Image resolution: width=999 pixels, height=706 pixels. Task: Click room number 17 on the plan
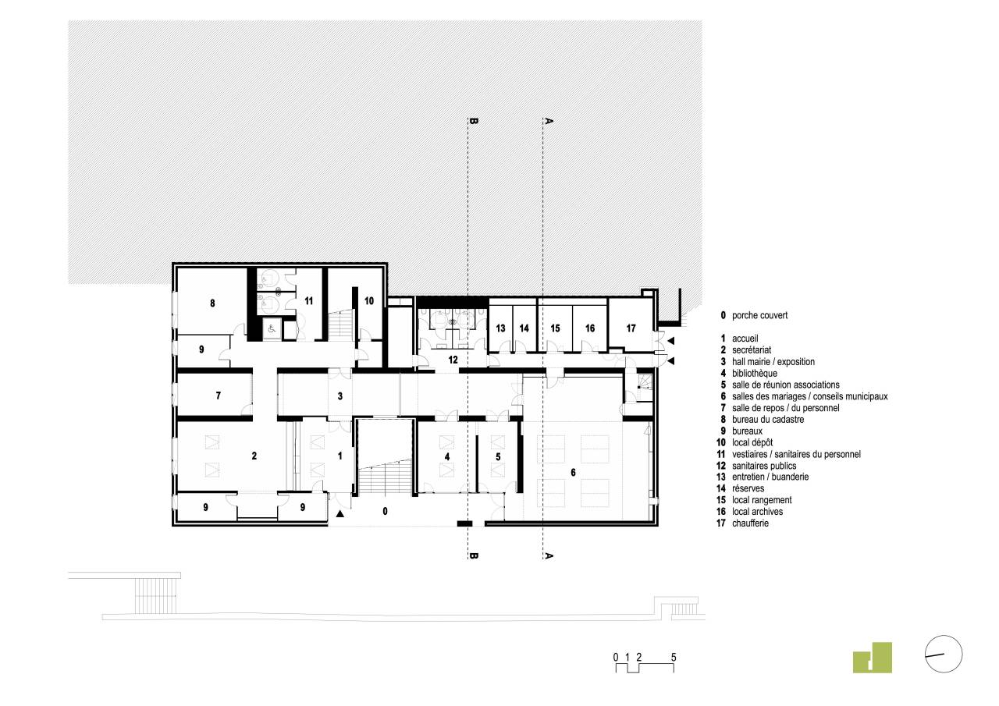point(631,328)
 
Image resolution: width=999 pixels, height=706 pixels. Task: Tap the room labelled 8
point(212,303)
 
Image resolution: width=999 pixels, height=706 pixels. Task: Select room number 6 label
point(573,473)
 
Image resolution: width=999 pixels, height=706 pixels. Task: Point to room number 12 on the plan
point(453,360)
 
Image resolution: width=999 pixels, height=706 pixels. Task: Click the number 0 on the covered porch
point(386,511)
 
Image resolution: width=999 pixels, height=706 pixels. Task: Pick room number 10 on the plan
point(369,301)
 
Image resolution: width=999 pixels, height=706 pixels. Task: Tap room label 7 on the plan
point(218,396)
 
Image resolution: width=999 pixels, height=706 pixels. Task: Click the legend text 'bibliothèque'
point(755,374)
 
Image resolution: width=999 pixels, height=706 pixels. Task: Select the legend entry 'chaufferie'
point(750,523)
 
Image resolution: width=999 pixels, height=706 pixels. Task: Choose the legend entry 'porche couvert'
point(759,316)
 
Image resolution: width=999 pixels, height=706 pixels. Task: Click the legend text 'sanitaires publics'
point(764,466)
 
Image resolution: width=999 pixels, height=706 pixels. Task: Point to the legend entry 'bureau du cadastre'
point(768,420)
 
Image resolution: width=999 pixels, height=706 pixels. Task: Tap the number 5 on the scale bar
point(674,657)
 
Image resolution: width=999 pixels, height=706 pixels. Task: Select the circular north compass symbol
point(944,654)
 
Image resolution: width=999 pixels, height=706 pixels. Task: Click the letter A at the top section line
point(549,121)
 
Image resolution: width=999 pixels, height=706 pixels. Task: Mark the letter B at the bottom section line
point(475,555)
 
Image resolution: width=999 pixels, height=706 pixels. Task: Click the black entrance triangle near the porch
point(340,514)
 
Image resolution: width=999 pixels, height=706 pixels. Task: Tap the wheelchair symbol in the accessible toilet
point(272,329)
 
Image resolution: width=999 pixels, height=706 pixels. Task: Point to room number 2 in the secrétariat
point(254,456)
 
